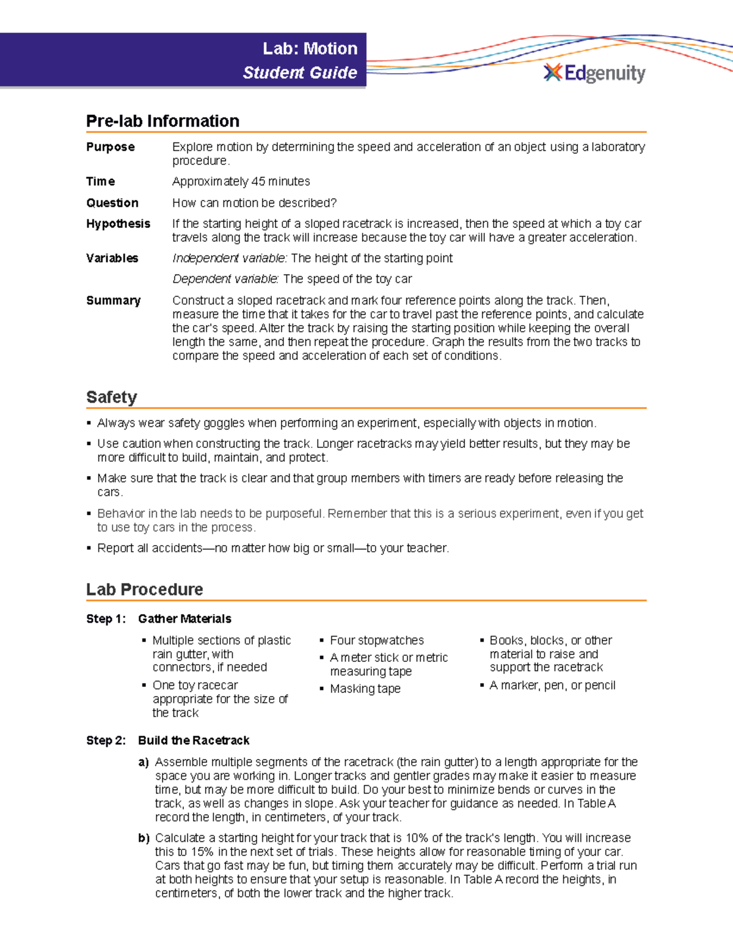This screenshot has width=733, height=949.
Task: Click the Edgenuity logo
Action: [594, 73]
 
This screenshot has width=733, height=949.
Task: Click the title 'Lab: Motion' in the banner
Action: [310, 49]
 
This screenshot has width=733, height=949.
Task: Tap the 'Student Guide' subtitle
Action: [300, 73]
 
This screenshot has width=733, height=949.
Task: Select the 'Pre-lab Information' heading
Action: [162, 121]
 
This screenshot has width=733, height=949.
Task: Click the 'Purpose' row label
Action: [111, 147]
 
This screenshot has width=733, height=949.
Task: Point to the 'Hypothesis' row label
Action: [118, 224]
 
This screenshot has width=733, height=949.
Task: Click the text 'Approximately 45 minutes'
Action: [241, 181]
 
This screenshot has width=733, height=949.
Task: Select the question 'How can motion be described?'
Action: [254, 203]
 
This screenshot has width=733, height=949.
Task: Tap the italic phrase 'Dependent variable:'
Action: [225, 279]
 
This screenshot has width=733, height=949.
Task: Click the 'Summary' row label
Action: [113, 301]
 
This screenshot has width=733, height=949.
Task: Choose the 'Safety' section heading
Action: [111, 397]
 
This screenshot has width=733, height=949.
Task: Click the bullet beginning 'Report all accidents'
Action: [272, 548]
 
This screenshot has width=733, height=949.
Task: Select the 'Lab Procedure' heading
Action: [145, 590]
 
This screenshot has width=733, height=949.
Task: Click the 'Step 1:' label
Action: [106, 619]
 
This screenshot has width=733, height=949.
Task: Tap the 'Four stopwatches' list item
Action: [376, 640]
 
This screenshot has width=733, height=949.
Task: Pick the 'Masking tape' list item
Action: [365, 689]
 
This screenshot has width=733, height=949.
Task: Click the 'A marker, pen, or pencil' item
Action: [552, 686]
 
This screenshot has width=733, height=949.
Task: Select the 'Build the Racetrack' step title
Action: [194, 741]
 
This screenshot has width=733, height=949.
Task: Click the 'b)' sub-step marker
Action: [144, 838]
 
